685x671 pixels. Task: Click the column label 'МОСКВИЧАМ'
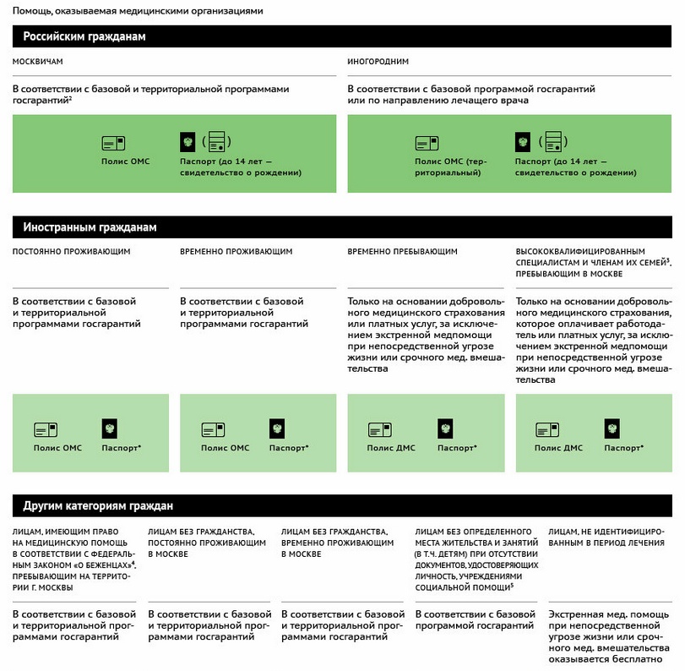(x=38, y=62)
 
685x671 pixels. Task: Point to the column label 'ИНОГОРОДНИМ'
(x=378, y=62)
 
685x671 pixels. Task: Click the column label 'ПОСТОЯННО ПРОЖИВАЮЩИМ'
(x=72, y=252)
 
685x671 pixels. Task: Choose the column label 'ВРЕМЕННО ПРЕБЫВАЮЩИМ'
(x=402, y=252)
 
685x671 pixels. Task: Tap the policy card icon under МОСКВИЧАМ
(x=113, y=143)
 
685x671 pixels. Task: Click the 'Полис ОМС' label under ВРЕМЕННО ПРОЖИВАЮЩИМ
(x=225, y=447)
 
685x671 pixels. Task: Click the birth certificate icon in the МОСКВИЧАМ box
(x=218, y=141)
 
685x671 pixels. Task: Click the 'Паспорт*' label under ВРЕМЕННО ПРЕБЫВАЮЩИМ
(x=457, y=447)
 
